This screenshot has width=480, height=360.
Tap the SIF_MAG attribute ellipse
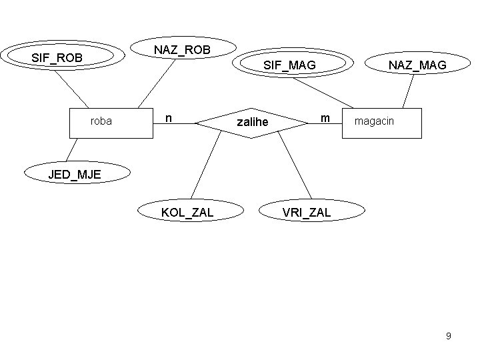point(289,65)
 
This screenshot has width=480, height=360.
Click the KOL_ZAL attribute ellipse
point(187,213)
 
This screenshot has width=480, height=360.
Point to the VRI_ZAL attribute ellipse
point(306,213)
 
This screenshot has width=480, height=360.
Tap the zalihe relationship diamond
point(252,123)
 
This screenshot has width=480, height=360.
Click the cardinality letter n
point(169,118)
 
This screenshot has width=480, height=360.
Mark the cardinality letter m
point(325,118)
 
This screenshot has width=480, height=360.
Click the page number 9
point(449,336)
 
